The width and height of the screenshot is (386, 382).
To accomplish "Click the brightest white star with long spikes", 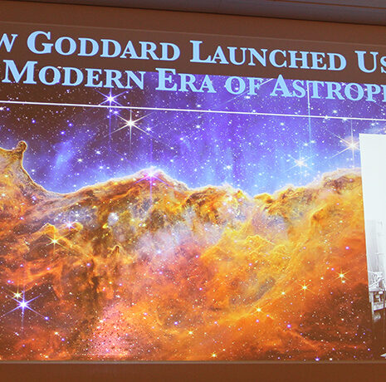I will click(129, 124).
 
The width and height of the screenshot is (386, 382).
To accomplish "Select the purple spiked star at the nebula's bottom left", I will click(22, 304).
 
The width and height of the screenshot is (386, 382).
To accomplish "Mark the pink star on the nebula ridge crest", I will click(150, 176).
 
